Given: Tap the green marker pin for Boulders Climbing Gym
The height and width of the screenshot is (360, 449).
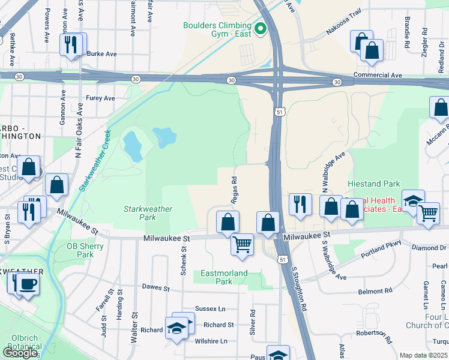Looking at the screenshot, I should (x=261, y=28).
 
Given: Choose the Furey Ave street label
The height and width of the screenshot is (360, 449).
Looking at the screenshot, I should (x=100, y=98).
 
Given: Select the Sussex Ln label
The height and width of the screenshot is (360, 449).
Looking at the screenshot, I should (x=214, y=309).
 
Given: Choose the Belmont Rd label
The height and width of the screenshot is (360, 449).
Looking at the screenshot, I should (x=375, y=292).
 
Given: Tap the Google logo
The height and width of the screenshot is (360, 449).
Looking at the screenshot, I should (x=20, y=353).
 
